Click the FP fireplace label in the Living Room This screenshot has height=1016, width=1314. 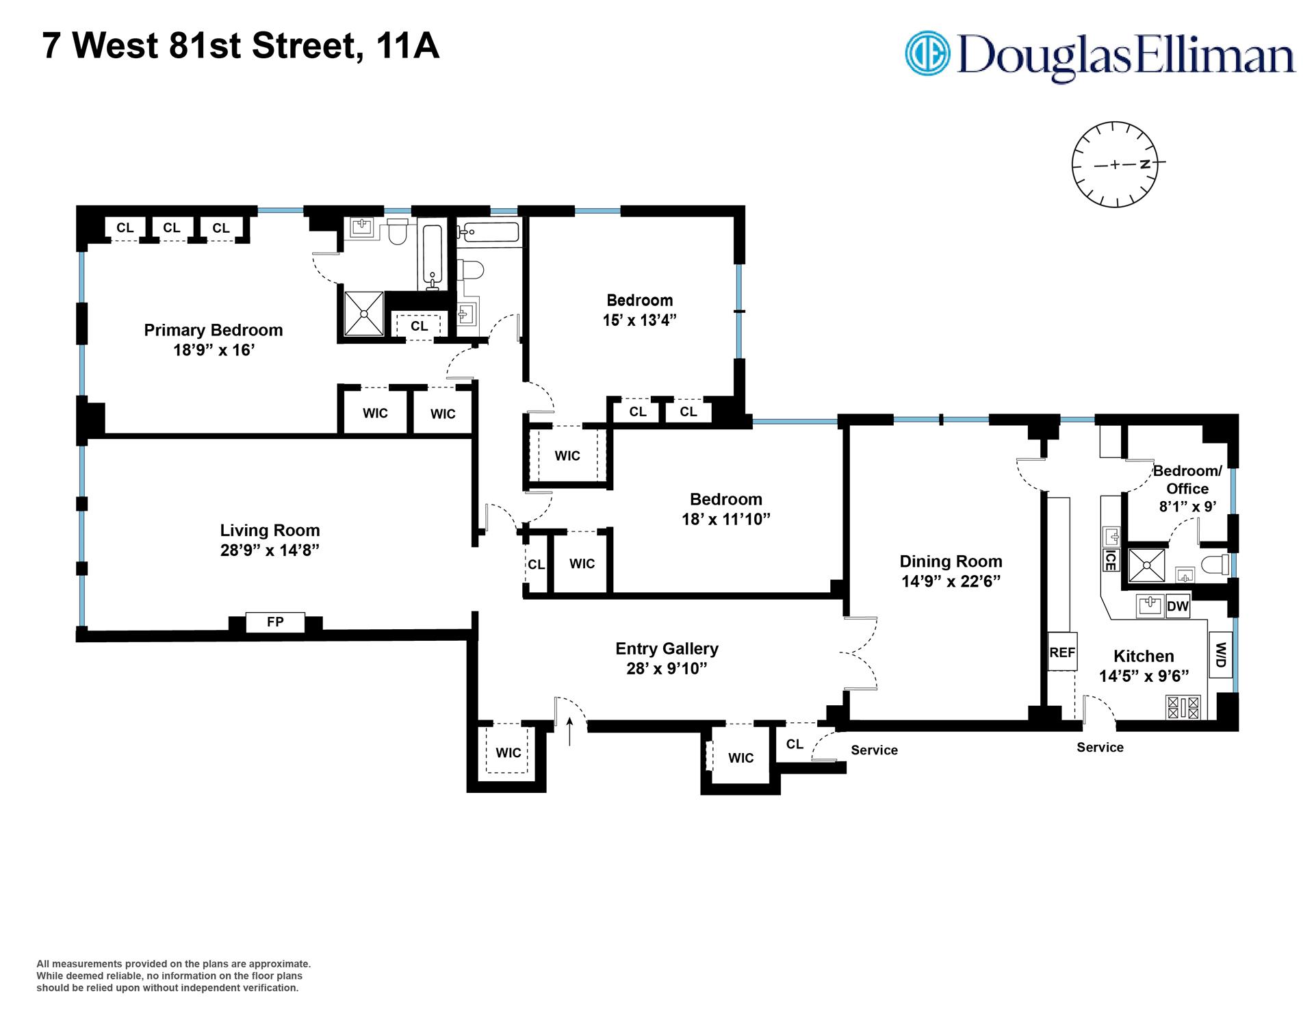(x=275, y=622)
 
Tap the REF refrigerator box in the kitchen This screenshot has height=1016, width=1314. (x=1062, y=652)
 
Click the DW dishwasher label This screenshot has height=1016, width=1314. (x=1177, y=607)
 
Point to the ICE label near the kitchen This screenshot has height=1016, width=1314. (x=1110, y=560)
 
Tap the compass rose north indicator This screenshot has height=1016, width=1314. (x=1145, y=164)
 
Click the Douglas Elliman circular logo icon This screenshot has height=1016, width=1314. (x=929, y=53)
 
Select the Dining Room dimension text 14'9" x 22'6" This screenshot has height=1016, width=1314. (x=951, y=581)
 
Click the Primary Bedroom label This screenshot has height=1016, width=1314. (x=214, y=330)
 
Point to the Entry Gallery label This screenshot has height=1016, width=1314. (x=667, y=648)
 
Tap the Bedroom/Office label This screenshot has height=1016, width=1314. (x=1187, y=479)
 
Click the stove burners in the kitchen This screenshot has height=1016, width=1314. (x=1183, y=707)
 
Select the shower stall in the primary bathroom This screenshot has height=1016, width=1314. (x=363, y=314)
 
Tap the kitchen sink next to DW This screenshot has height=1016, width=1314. (x=1150, y=606)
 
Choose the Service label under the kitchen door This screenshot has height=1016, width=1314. (x=1100, y=747)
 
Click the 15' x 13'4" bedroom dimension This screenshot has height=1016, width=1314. (x=639, y=320)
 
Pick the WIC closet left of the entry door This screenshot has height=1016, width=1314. (x=508, y=752)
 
